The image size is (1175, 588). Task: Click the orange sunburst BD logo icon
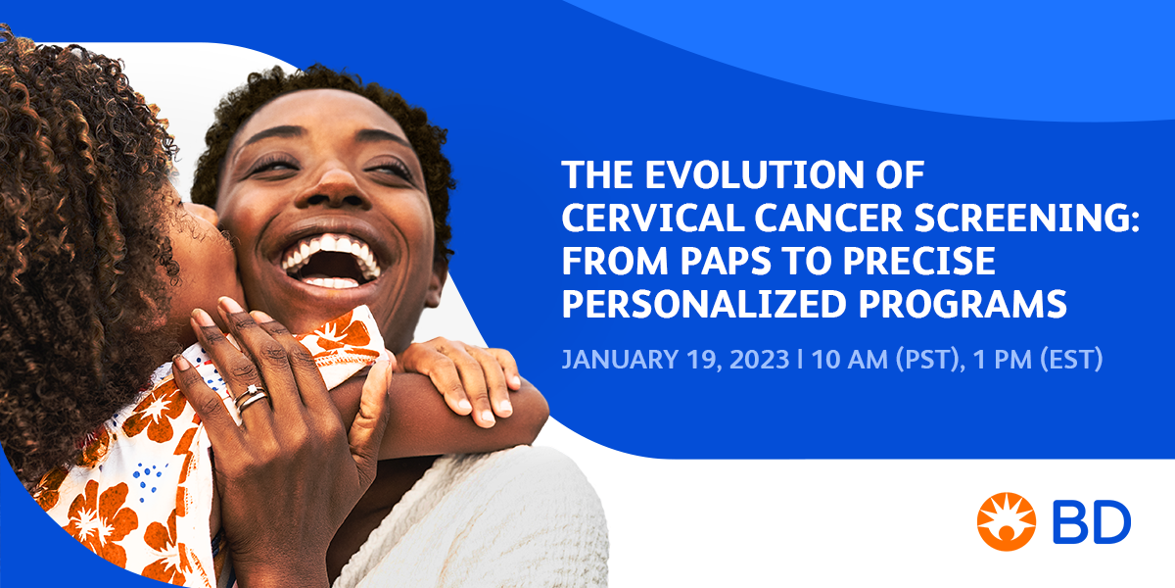[1006, 521]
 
